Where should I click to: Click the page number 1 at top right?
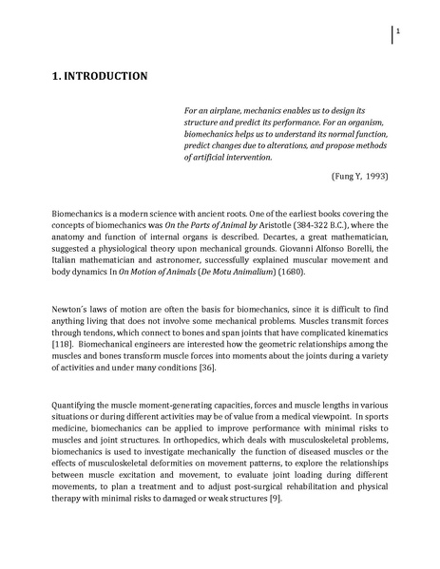click(398, 32)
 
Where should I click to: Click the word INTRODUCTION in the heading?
click(102, 76)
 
